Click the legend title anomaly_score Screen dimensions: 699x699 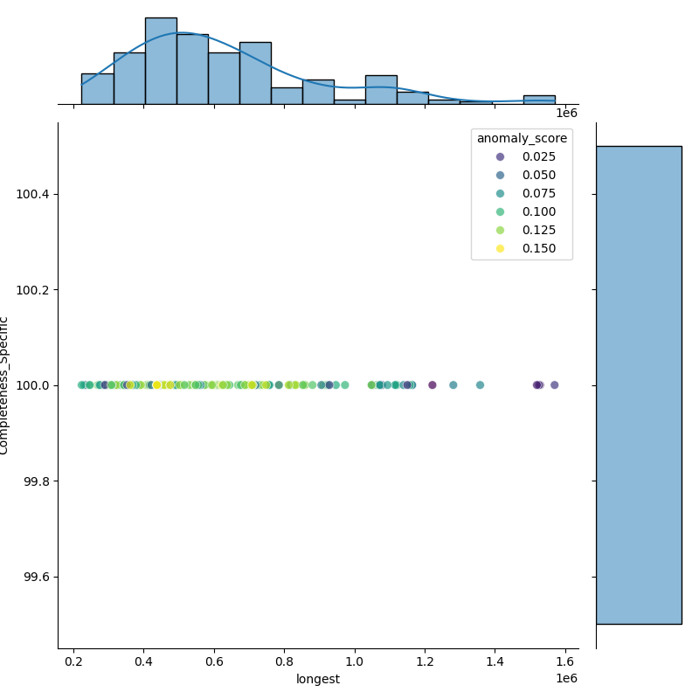[522, 138]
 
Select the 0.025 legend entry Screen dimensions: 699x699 [521, 156]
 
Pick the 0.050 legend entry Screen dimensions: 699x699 [521, 175]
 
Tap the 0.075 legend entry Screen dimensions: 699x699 [521, 193]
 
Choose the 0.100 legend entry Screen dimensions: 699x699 [521, 211]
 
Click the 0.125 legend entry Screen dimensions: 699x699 [521, 230]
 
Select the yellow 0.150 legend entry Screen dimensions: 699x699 [521, 248]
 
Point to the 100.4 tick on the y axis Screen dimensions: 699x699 [33, 194]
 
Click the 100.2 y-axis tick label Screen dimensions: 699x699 [33, 289]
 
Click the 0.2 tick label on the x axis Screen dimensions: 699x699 [73, 663]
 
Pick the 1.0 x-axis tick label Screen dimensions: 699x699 [355, 663]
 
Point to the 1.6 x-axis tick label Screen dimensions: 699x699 [565, 663]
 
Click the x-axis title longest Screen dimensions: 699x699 [318, 680]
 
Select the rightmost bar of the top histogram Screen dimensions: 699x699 [539, 100]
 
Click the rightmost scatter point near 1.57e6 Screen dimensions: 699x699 [554, 385]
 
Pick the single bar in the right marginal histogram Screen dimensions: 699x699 [639, 384]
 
